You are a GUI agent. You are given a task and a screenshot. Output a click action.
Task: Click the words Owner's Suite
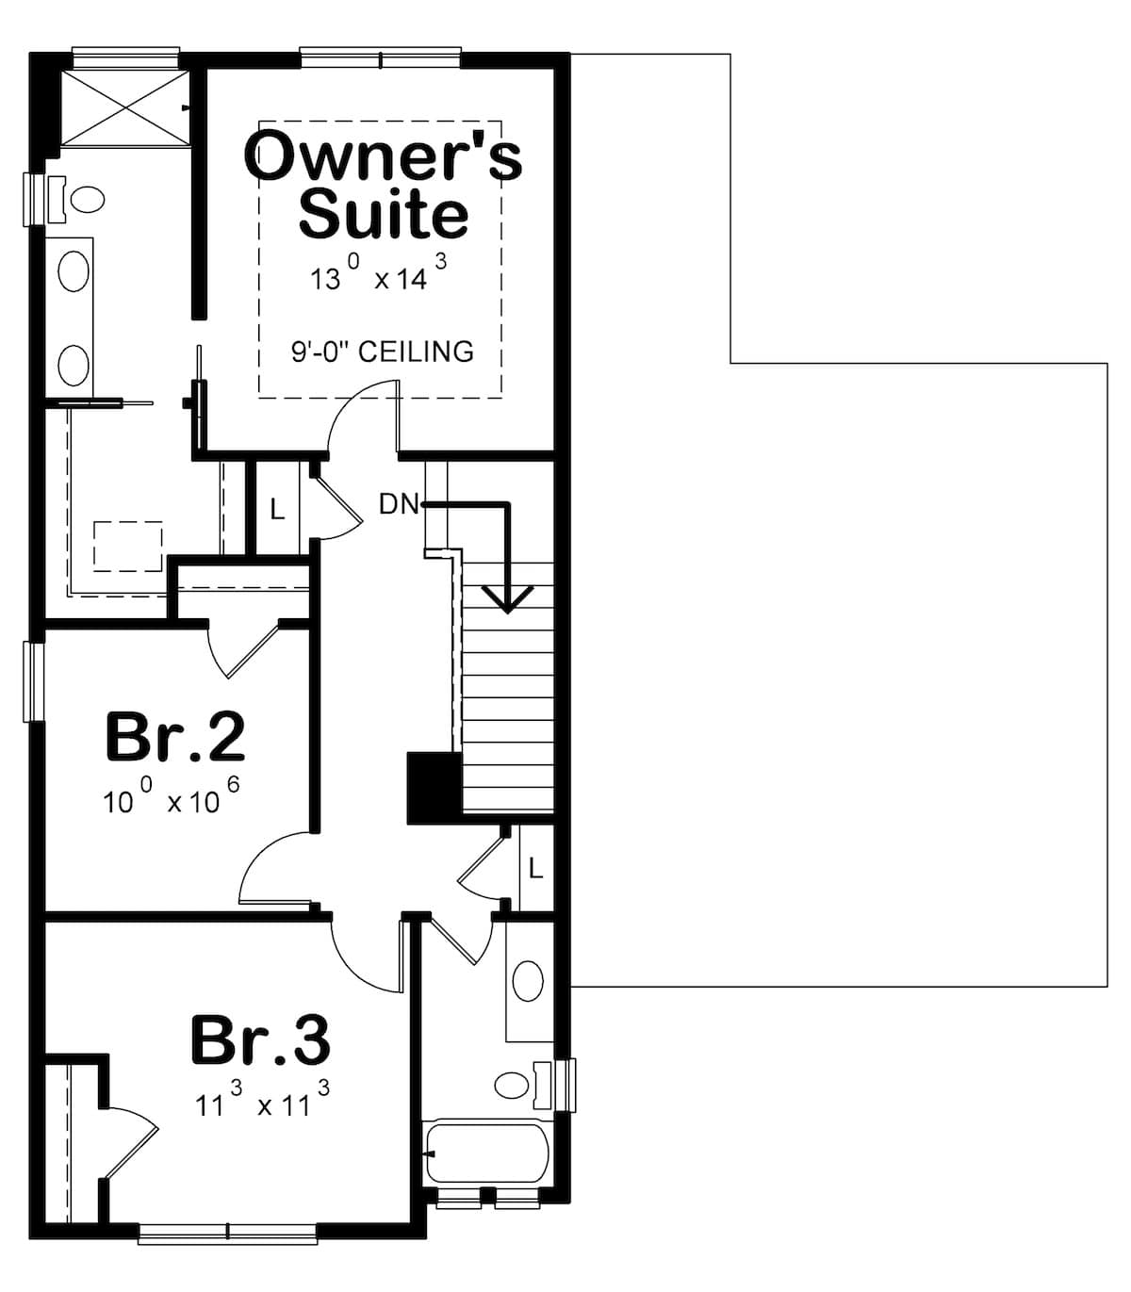click(382, 185)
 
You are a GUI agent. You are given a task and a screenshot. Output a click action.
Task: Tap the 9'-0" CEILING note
click(382, 352)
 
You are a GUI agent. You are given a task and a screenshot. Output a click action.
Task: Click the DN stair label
click(398, 504)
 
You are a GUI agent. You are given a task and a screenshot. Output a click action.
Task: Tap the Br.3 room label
click(260, 1039)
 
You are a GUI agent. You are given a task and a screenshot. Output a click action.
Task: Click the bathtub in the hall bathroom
click(487, 1152)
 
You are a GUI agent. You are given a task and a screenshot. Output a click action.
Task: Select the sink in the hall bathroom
click(528, 982)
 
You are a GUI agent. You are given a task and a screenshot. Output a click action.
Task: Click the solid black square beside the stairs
click(433, 788)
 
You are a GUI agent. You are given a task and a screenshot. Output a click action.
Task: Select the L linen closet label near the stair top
click(276, 510)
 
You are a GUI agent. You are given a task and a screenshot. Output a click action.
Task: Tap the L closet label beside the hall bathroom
click(535, 868)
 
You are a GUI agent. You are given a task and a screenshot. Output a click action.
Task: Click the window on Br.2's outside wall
click(34, 681)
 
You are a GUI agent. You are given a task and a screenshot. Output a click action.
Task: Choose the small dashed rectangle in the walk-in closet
click(127, 546)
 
